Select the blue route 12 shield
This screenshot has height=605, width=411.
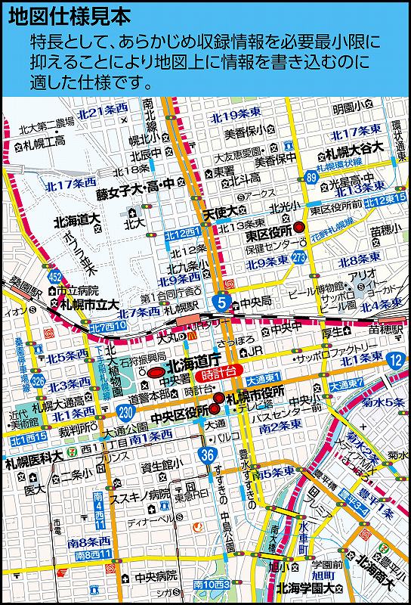click(x=395, y=359)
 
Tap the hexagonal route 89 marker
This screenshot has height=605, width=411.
click(x=311, y=177)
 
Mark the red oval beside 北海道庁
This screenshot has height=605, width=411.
click(x=155, y=373)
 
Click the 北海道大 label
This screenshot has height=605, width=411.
click(x=77, y=220)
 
